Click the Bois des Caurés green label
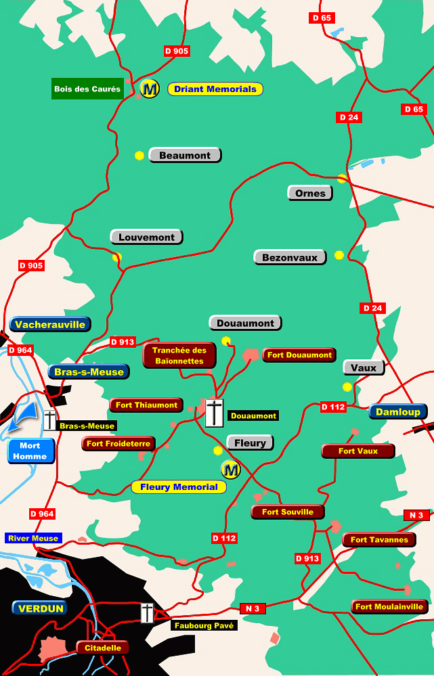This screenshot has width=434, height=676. coord(87,89)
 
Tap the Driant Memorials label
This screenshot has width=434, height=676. coord(215,89)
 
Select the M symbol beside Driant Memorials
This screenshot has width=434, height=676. coord(150,88)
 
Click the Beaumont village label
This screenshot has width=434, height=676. coord(185,155)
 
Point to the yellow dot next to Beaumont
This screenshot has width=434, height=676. coord(139,156)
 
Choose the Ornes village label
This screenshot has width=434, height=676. coord(310,193)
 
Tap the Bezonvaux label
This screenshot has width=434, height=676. coord(290,257)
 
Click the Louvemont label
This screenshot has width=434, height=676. coord(146,237)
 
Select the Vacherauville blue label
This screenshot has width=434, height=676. coord(50,324)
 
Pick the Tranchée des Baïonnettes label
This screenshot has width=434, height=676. coord(179,355)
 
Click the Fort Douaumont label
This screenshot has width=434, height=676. coord(299,355)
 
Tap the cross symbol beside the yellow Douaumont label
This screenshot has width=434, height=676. coord(214,413)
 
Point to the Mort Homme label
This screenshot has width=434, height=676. coord(30,451)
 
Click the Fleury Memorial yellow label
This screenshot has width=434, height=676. coord(179,487)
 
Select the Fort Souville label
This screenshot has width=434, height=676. coord(288,512)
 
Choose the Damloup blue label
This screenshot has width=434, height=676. coord(398,411)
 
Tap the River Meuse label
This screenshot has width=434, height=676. coord(33,538)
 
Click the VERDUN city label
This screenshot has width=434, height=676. coord(41,608)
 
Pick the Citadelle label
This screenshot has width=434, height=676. coord(103,648)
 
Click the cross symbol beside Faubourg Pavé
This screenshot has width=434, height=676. coord(147,612)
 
